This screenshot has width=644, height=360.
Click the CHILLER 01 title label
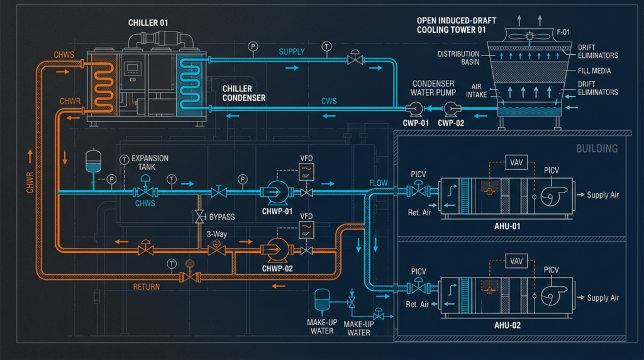148,23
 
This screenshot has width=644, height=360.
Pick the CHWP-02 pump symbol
275,249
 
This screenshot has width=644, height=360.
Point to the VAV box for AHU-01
516,162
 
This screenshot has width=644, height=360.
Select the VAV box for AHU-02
516,261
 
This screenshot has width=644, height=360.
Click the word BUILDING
597,149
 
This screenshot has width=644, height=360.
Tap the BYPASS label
221,217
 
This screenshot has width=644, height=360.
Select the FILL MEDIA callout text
597,71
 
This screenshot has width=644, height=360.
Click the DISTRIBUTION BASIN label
458,58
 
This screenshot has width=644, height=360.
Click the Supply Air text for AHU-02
602,298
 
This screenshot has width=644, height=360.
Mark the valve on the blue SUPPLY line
355,59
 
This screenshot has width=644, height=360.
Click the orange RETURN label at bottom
146,287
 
